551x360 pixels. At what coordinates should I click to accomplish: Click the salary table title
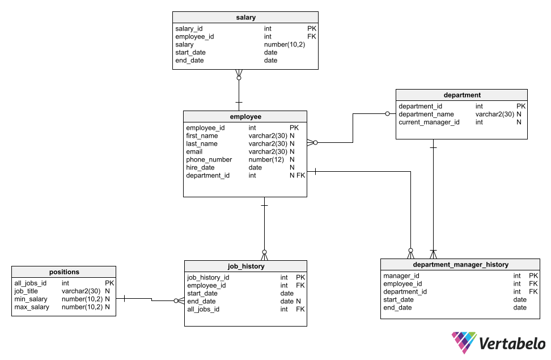coord(245,17)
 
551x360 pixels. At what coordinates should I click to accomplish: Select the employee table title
coord(245,116)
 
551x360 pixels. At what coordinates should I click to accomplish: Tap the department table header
coord(462,95)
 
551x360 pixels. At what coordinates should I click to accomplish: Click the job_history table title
coord(245,266)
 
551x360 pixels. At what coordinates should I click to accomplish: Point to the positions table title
coord(64,272)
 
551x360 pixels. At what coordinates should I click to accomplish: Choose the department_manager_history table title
coord(460,264)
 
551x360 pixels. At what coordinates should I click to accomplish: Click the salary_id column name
coord(189,28)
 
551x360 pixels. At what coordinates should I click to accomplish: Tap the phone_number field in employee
coord(209,160)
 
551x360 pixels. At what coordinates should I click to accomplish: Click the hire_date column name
coord(200,168)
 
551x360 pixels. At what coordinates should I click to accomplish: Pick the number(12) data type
coord(266,160)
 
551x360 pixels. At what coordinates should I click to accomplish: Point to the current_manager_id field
coord(429,122)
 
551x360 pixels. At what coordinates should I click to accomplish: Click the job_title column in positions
coord(26,291)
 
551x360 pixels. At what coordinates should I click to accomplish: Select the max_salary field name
coord(32,307)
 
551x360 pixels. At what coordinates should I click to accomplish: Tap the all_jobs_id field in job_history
coord(203,310)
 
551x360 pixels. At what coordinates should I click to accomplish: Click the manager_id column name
coord(401,276)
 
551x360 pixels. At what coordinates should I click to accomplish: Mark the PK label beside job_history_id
coord(300,277)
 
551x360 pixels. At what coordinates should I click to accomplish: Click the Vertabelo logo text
coord(512,344)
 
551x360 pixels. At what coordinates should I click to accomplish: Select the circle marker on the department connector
coord(387,113)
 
